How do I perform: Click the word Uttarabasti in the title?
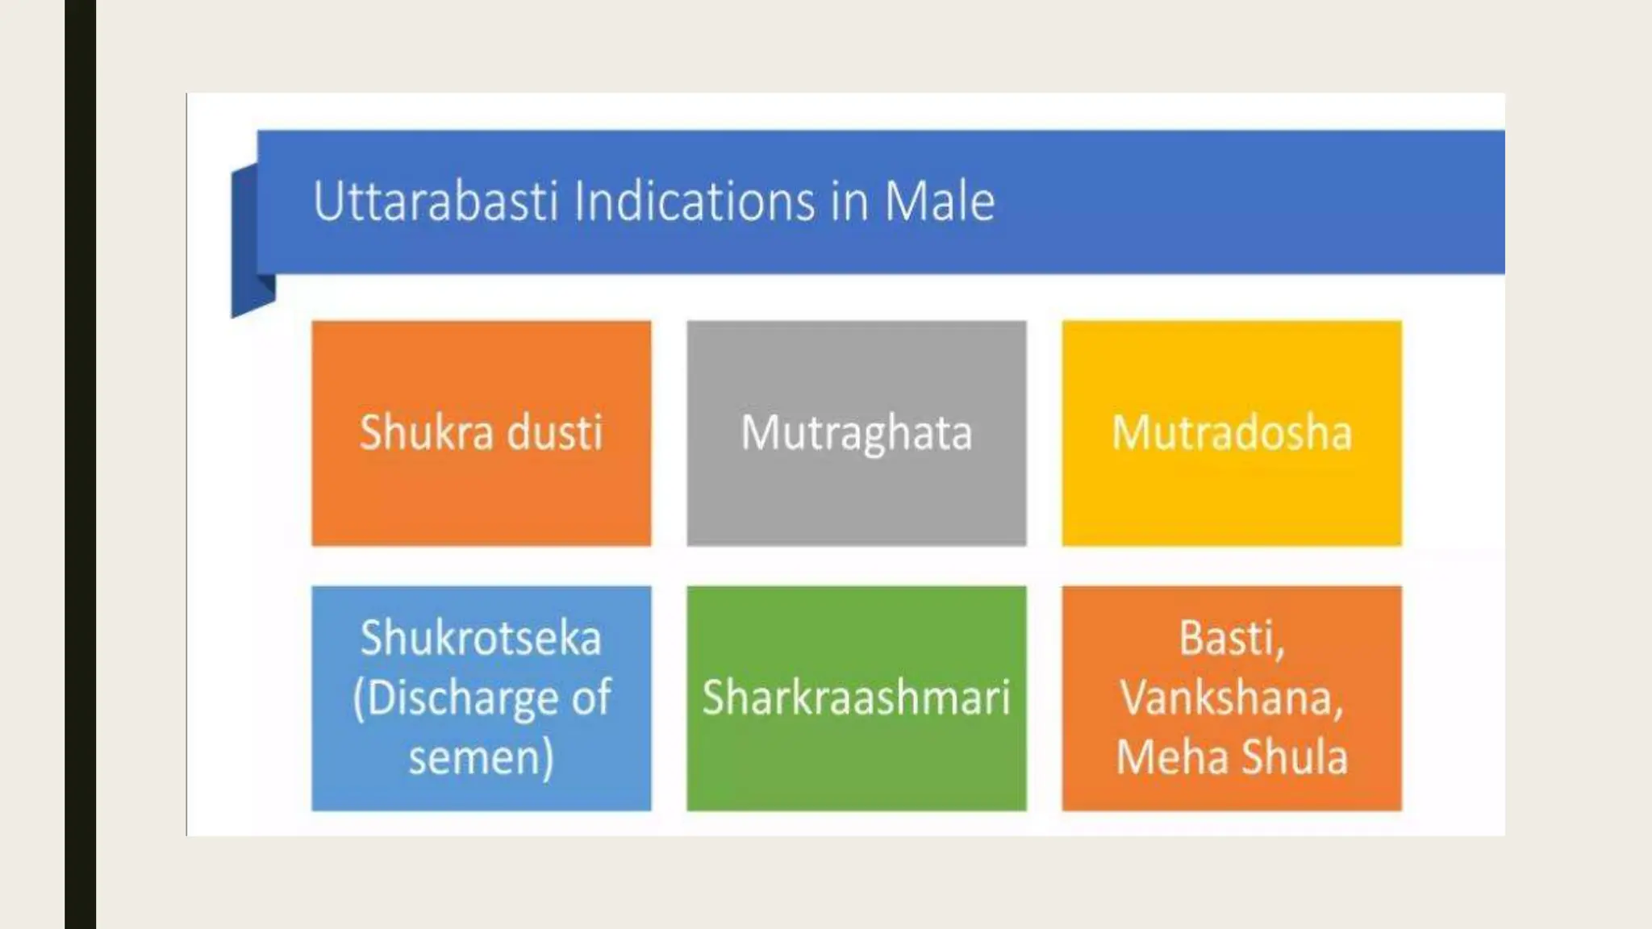pos(436,202)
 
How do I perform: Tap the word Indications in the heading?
pos(694,202)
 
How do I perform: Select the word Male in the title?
pos(940,202)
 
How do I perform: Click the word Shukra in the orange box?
pos(426,432)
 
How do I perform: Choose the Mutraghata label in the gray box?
pos(857,434)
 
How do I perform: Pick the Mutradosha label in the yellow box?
pos(1232,432)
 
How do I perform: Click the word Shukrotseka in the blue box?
pos(481,638)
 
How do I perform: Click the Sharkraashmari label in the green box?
pos(856,698)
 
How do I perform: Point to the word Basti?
pos(1231,638)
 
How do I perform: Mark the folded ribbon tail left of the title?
pos(247,242)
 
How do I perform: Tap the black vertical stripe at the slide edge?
pos(80,464)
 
